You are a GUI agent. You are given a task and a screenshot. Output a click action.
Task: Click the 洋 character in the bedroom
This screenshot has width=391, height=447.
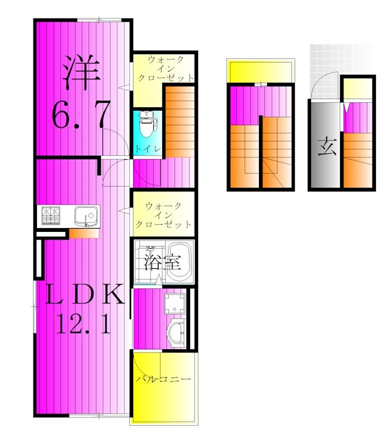pos(81,72)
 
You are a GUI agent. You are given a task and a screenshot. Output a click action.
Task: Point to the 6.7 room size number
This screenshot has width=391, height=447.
pos(79,116)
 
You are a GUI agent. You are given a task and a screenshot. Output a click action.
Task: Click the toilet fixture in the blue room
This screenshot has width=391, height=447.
pos(147,127)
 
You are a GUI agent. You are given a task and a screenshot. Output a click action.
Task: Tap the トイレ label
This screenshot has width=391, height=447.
pos(148,149)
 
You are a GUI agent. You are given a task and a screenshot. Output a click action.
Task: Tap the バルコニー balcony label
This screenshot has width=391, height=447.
pos(163,379)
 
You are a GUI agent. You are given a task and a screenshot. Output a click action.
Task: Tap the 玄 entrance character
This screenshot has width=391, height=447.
pos(324,148)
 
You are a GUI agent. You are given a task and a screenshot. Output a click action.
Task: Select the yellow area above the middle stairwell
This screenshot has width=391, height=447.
pos(260,71)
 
